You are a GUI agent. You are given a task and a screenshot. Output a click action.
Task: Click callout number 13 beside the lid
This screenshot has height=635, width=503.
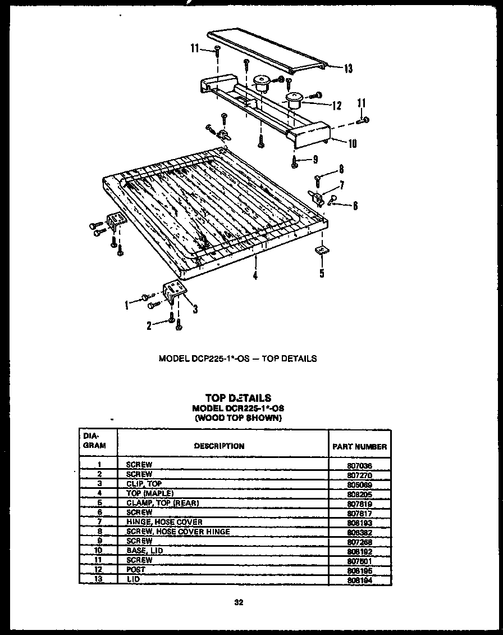pyautogui.click(x=348, y=69)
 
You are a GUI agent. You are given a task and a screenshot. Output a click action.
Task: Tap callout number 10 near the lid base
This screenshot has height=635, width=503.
pyautogui.click(x=352, y=143)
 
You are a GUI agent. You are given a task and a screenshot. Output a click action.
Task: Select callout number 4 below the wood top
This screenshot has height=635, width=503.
pyautogui.click(x=255, y=276)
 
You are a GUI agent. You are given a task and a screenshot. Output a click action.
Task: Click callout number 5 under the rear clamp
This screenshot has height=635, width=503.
pyautogui.click(x=321, y=274)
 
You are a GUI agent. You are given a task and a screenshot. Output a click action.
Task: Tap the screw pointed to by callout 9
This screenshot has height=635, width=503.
pyautogui.click(x=294, y=161)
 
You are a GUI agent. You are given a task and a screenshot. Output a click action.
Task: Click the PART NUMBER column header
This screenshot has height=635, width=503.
pyautogui.click(x=359, y=447)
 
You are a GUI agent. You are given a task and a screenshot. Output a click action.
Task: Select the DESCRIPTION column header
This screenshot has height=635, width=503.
pyautogui.click(x=219, y=446)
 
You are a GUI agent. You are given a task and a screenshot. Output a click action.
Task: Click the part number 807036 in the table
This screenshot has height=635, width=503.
pyautogui.click(x=359, y=466)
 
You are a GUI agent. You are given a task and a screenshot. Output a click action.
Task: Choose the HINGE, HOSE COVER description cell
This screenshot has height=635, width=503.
pyautogui.click(x=164, y=522)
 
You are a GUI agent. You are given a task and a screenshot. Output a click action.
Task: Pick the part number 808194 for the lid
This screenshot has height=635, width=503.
pyautogui.click(x=359, y=580)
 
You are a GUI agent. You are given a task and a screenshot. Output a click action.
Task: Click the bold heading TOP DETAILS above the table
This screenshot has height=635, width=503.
pyautogui.click(x=238, y=398)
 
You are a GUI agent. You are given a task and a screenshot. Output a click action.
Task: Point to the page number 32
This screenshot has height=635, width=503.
pyautogui.click(x=238, y=603)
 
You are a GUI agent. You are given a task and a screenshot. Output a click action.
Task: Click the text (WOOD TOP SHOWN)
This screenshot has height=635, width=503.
pyautogui.click(x=238, y=418)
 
